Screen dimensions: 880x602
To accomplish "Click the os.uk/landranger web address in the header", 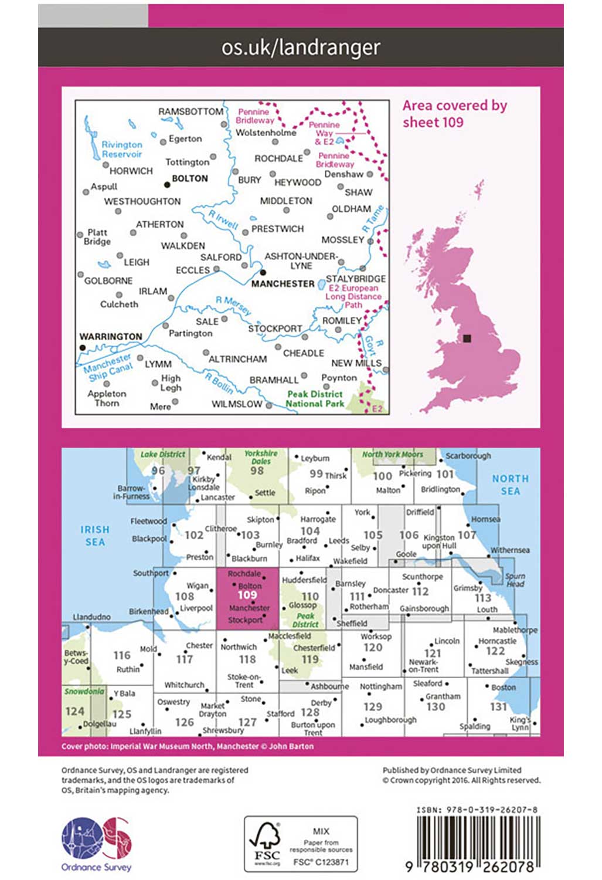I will (301, 47).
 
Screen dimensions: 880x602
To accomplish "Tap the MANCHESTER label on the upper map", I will (283, 284).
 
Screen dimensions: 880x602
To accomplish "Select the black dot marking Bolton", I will (167, 184).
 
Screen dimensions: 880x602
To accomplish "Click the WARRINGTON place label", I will (111, 337).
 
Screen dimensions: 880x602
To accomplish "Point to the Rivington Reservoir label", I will (122, 150).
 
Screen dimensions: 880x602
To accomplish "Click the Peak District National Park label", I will (315, 399).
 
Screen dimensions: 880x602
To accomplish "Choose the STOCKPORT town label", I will (275, 329).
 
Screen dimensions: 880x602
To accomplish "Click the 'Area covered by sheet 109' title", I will (454, 114).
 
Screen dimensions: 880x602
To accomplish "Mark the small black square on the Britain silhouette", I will (467, 339).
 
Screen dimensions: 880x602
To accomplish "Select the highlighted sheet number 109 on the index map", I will (247, 595).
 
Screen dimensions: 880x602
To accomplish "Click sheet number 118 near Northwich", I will (247, 659).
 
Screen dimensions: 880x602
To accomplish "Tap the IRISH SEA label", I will (95, 536).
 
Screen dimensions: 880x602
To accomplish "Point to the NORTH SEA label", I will (510, 485).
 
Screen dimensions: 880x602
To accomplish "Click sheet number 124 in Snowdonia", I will (74, 711).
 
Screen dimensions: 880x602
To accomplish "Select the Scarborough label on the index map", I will (468, 456).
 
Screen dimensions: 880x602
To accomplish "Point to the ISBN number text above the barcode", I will (477, 810).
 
